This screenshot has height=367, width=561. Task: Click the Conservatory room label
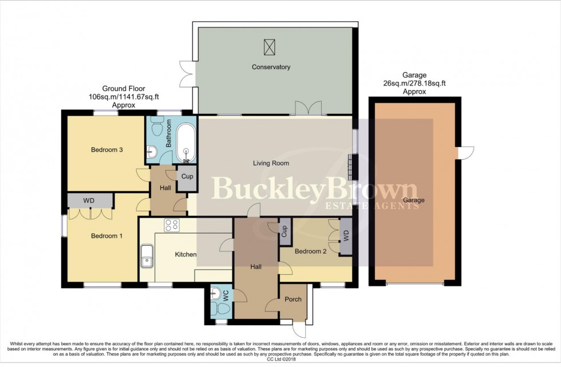[271, 67]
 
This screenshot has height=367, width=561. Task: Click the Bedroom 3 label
[108, 150]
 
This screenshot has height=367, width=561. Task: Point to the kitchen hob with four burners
[172, 226]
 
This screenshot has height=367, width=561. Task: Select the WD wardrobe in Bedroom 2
[345, 236]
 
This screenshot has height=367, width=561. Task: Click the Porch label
[293, 299]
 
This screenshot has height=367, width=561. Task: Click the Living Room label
[271, 163]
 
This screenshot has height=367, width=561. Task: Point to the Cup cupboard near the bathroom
[187, 176]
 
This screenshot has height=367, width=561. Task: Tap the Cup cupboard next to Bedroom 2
[283, 231]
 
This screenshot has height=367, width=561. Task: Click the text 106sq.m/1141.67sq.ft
[123, 97]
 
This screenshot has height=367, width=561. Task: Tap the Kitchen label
[185, 254]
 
